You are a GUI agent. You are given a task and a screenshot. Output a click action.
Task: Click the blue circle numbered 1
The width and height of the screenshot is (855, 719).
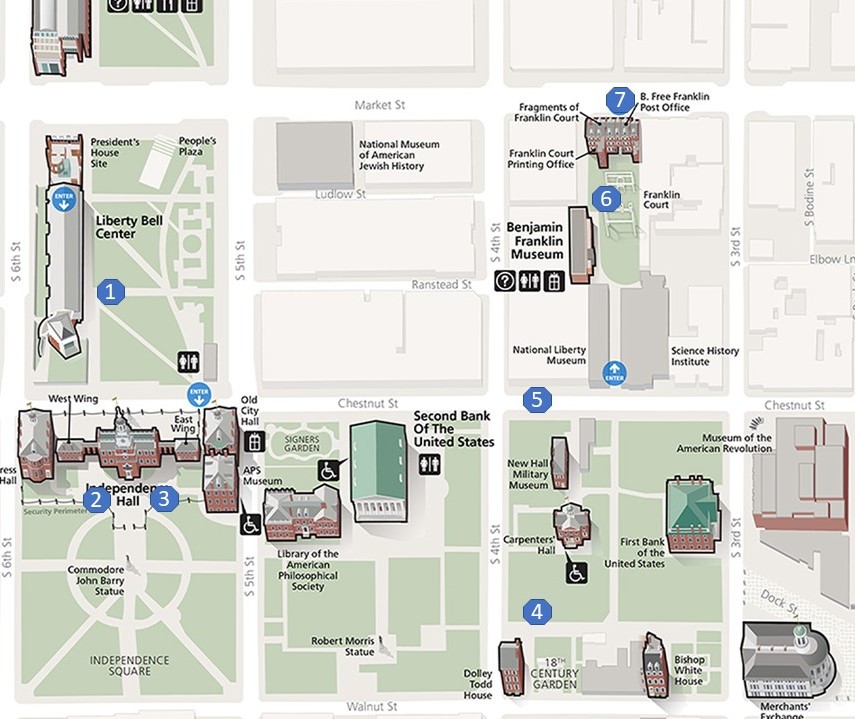click(111, 292)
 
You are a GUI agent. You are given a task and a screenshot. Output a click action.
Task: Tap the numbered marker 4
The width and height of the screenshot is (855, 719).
click(538, 612)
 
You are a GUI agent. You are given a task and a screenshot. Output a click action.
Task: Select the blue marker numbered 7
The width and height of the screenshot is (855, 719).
click(620, 100)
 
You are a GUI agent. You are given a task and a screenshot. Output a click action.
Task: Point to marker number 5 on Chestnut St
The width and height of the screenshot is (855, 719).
click(537, 400)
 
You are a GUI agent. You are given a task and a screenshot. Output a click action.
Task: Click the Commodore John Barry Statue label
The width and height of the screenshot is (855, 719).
click(96, 580)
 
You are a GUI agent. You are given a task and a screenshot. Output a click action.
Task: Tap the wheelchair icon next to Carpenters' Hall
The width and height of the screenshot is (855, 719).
click(577, 572)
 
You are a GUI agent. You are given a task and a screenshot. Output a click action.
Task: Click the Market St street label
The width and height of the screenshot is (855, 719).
click(378, 105)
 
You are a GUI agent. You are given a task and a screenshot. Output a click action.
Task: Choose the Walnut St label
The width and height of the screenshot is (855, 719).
click(372, 707)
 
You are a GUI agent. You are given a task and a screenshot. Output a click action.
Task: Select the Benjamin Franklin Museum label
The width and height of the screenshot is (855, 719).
click(537, 241)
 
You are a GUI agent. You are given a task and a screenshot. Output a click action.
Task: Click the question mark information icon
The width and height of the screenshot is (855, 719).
click(505, 282)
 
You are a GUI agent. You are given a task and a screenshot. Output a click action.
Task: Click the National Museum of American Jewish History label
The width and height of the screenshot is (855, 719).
click(399, 155)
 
